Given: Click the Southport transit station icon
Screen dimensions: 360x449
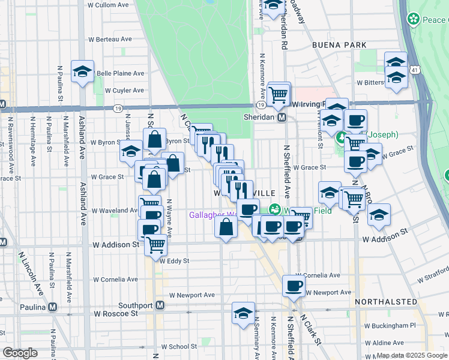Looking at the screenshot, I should [160, 305].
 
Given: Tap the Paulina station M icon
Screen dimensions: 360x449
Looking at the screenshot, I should [52, 307].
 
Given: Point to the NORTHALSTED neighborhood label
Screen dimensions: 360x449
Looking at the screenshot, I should [385, 301].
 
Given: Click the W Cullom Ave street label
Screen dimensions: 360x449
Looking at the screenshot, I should [108, 5].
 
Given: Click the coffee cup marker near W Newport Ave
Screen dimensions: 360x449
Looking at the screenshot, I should [294, 286].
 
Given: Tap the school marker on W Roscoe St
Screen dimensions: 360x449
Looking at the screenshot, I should [243, 314].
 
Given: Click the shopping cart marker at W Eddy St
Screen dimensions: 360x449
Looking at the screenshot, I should [156, 244].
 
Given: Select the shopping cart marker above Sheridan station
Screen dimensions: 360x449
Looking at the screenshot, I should [279, 94].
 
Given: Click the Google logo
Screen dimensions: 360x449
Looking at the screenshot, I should [20, 353].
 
